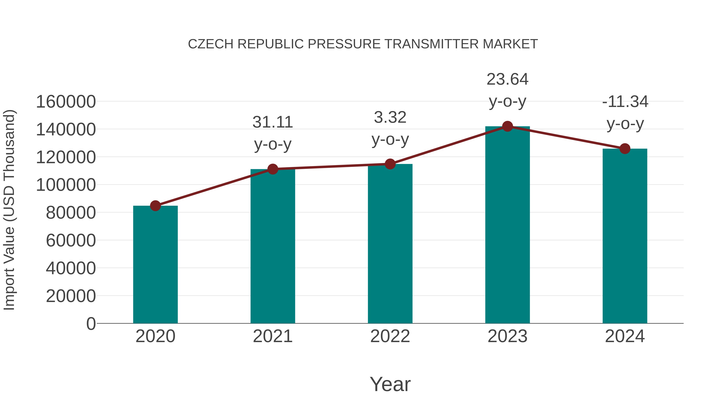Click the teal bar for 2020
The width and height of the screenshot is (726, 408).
pos(155,265)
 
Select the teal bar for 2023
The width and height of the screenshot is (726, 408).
pos(507,225)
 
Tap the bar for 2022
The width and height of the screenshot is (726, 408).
pos(390,244)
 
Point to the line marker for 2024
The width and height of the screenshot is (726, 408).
pos(625,149)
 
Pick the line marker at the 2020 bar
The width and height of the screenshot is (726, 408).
pos(155,206)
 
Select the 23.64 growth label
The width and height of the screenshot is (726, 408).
pos(507,79)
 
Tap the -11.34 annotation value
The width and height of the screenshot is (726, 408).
pos(625,102)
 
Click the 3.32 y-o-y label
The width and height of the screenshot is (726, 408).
pos(390,128)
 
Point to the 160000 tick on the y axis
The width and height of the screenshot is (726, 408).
pos(66,102)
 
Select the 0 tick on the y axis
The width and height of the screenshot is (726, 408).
pos(91,324)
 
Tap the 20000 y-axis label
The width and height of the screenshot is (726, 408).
pos(71,296)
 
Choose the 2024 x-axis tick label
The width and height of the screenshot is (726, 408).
pos(625,336)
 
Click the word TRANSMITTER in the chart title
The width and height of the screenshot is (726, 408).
pos(431,44)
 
